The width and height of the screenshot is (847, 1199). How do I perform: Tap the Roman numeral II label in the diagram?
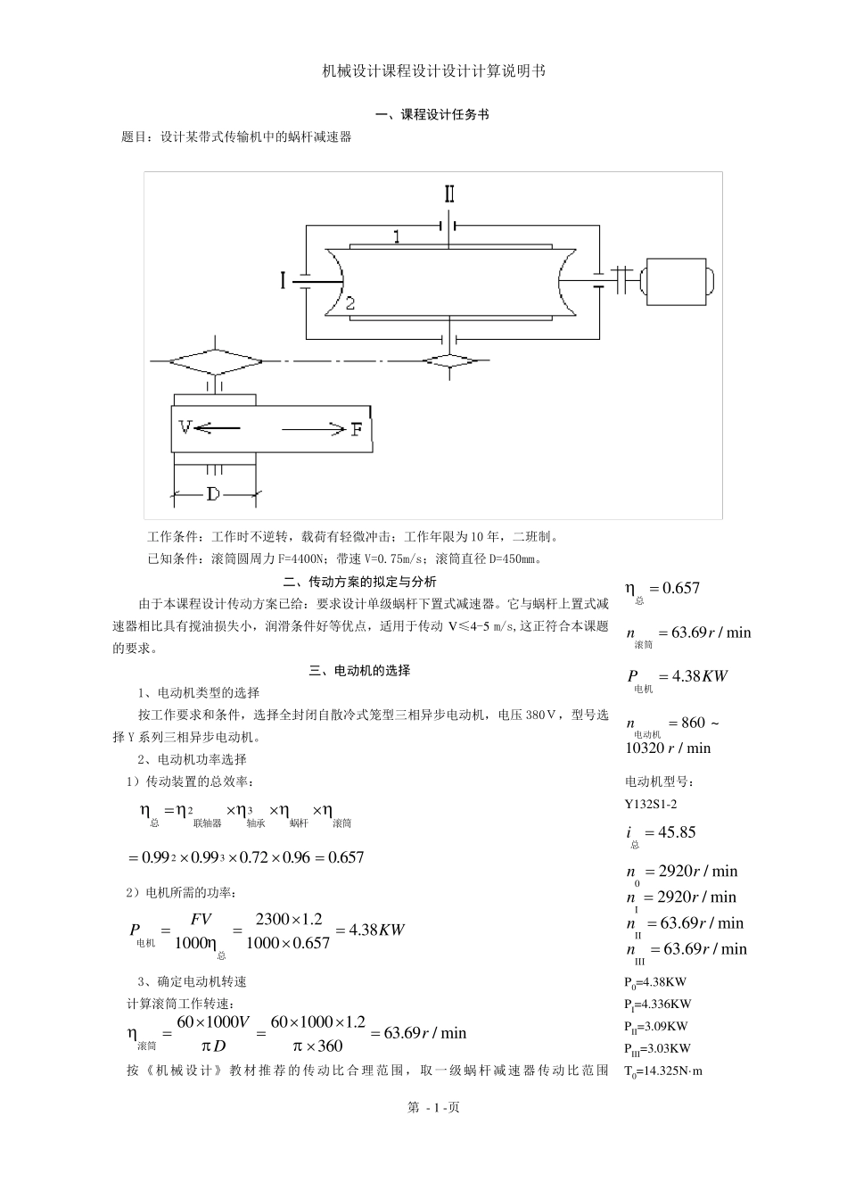(x=449, y=195)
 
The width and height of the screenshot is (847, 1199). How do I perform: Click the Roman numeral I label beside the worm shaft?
(x=284, y=281)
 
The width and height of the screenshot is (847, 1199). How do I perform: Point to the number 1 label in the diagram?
(x=397, y=236)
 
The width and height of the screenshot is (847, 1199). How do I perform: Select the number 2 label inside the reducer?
(x=350, y=303)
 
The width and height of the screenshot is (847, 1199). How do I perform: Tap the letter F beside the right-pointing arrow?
(x=356, y=429)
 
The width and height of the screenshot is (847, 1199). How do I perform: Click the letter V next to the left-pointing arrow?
(x=185, y=427)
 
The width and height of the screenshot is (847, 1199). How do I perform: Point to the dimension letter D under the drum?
(x=213, y=493)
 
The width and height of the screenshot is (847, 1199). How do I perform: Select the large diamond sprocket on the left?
(x=216, y=361)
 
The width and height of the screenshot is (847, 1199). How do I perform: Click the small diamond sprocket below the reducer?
(x=451, y=361)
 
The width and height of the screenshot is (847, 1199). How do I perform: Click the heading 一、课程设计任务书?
(x=432, y=115)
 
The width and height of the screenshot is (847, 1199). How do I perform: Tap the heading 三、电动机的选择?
(x=360, y=671)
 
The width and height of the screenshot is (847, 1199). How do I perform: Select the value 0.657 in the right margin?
(x=676, y=588)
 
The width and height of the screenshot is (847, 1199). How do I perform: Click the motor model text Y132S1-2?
(x=651, y=803)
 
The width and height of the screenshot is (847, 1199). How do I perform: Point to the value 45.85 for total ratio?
(x=676, y=832)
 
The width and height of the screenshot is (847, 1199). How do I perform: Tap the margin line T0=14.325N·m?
(x=663, y=1071)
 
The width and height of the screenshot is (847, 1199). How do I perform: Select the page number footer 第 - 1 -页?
(x=433, y=1108)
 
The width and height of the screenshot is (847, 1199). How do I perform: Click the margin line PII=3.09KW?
(x=656, y=1027)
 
